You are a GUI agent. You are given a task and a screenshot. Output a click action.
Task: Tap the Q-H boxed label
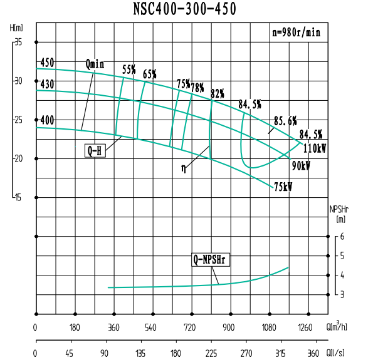click(x=95, y=150)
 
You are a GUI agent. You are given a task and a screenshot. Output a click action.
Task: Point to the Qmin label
click(x=95, y=64)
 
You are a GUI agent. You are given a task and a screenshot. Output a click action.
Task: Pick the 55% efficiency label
click(x=129, y=69)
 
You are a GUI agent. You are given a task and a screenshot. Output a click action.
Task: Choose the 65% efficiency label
click(x=149, y=74)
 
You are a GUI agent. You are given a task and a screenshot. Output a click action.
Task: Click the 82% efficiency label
click(x=218, y=93)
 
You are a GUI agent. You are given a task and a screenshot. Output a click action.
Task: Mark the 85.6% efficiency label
click(x=285, y=120)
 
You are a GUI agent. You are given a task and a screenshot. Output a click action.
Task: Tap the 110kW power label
click(x=315, y=148)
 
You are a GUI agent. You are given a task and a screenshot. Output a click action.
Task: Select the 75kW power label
click(x=282, y=187)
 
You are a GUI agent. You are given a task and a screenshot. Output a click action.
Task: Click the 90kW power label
click(x=301, y=166)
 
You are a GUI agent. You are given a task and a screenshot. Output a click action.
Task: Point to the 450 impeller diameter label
click(x=47, y=63)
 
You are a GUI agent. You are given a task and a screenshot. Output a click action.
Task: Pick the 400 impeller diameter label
click(x=47, y=120)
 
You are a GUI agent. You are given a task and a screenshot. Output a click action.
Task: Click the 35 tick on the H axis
click(x=18, y=42)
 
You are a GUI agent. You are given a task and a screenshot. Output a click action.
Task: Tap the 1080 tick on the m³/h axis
click(x=270, y=327)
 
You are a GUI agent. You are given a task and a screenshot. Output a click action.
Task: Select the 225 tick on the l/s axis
click(x=211, y=352)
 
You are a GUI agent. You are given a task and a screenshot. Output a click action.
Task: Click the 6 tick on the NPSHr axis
click(x=342, y=236)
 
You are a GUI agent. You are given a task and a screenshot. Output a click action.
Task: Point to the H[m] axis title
click(x=17, y=28)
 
